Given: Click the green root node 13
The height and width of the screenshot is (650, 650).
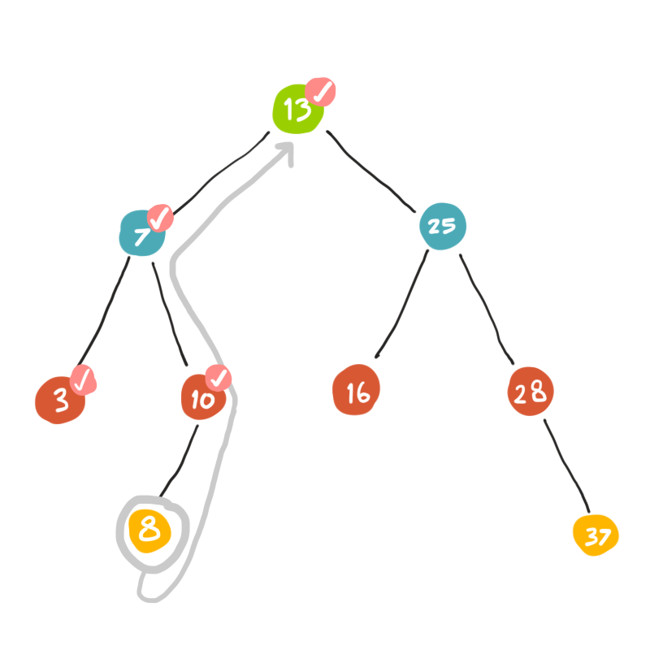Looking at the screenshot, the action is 296,110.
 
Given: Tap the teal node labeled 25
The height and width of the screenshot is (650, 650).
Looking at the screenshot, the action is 442,227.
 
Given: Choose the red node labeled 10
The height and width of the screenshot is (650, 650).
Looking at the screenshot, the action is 201,398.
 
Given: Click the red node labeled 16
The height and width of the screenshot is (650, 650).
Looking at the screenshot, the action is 356,392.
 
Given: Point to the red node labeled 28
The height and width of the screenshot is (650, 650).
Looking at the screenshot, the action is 531,392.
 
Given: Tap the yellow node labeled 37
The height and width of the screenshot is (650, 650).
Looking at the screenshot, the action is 596,535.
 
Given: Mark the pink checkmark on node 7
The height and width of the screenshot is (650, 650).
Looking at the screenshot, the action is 159,217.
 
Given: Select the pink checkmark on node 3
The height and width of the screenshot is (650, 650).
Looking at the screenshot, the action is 83,379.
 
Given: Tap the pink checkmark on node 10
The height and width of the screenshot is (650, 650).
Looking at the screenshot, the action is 218,378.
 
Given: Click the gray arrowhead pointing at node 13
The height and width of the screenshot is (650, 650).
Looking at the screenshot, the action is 286,152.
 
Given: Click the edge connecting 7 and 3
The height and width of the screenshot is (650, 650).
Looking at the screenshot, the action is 102,313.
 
